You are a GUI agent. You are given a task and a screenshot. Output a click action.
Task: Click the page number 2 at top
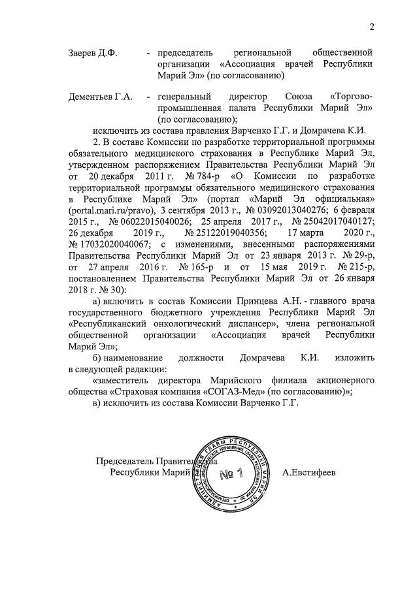click(x=372, y=27)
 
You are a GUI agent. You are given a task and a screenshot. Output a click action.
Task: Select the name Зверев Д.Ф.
click(x=93, y=52)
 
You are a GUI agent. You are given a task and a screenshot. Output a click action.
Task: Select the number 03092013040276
click(x=276, y=211)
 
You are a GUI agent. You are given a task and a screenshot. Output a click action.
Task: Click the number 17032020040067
click(x=113, y=246)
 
